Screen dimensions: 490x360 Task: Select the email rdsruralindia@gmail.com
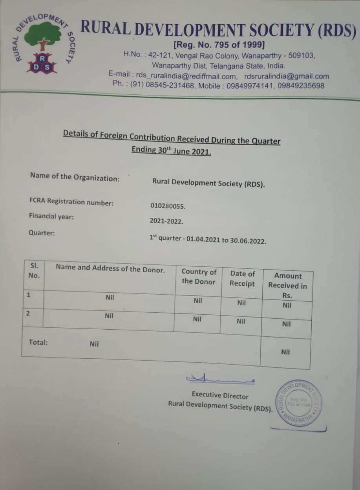coord(287,76)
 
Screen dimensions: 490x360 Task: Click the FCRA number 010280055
coord(168,206)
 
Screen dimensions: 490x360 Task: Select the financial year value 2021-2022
coord(166,221)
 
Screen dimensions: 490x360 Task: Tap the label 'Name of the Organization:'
coord(75,177)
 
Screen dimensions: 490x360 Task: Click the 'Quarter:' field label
coord(42,233)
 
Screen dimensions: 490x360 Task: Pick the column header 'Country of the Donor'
coord(199,277)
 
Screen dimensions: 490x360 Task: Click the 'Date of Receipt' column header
coord(242,279)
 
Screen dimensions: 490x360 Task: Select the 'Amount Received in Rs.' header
coord(287,286)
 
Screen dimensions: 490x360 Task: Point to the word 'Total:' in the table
coord(38,342)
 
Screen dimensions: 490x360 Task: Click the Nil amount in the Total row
coord(285,352)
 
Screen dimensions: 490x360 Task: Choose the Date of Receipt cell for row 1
coord(241,303)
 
